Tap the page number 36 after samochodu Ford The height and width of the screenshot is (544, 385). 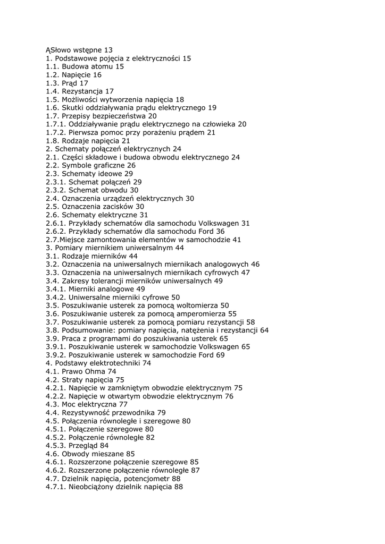click(220, 232)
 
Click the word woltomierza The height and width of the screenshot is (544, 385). click(191, 305)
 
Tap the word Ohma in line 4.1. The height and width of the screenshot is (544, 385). click(95, 371)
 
